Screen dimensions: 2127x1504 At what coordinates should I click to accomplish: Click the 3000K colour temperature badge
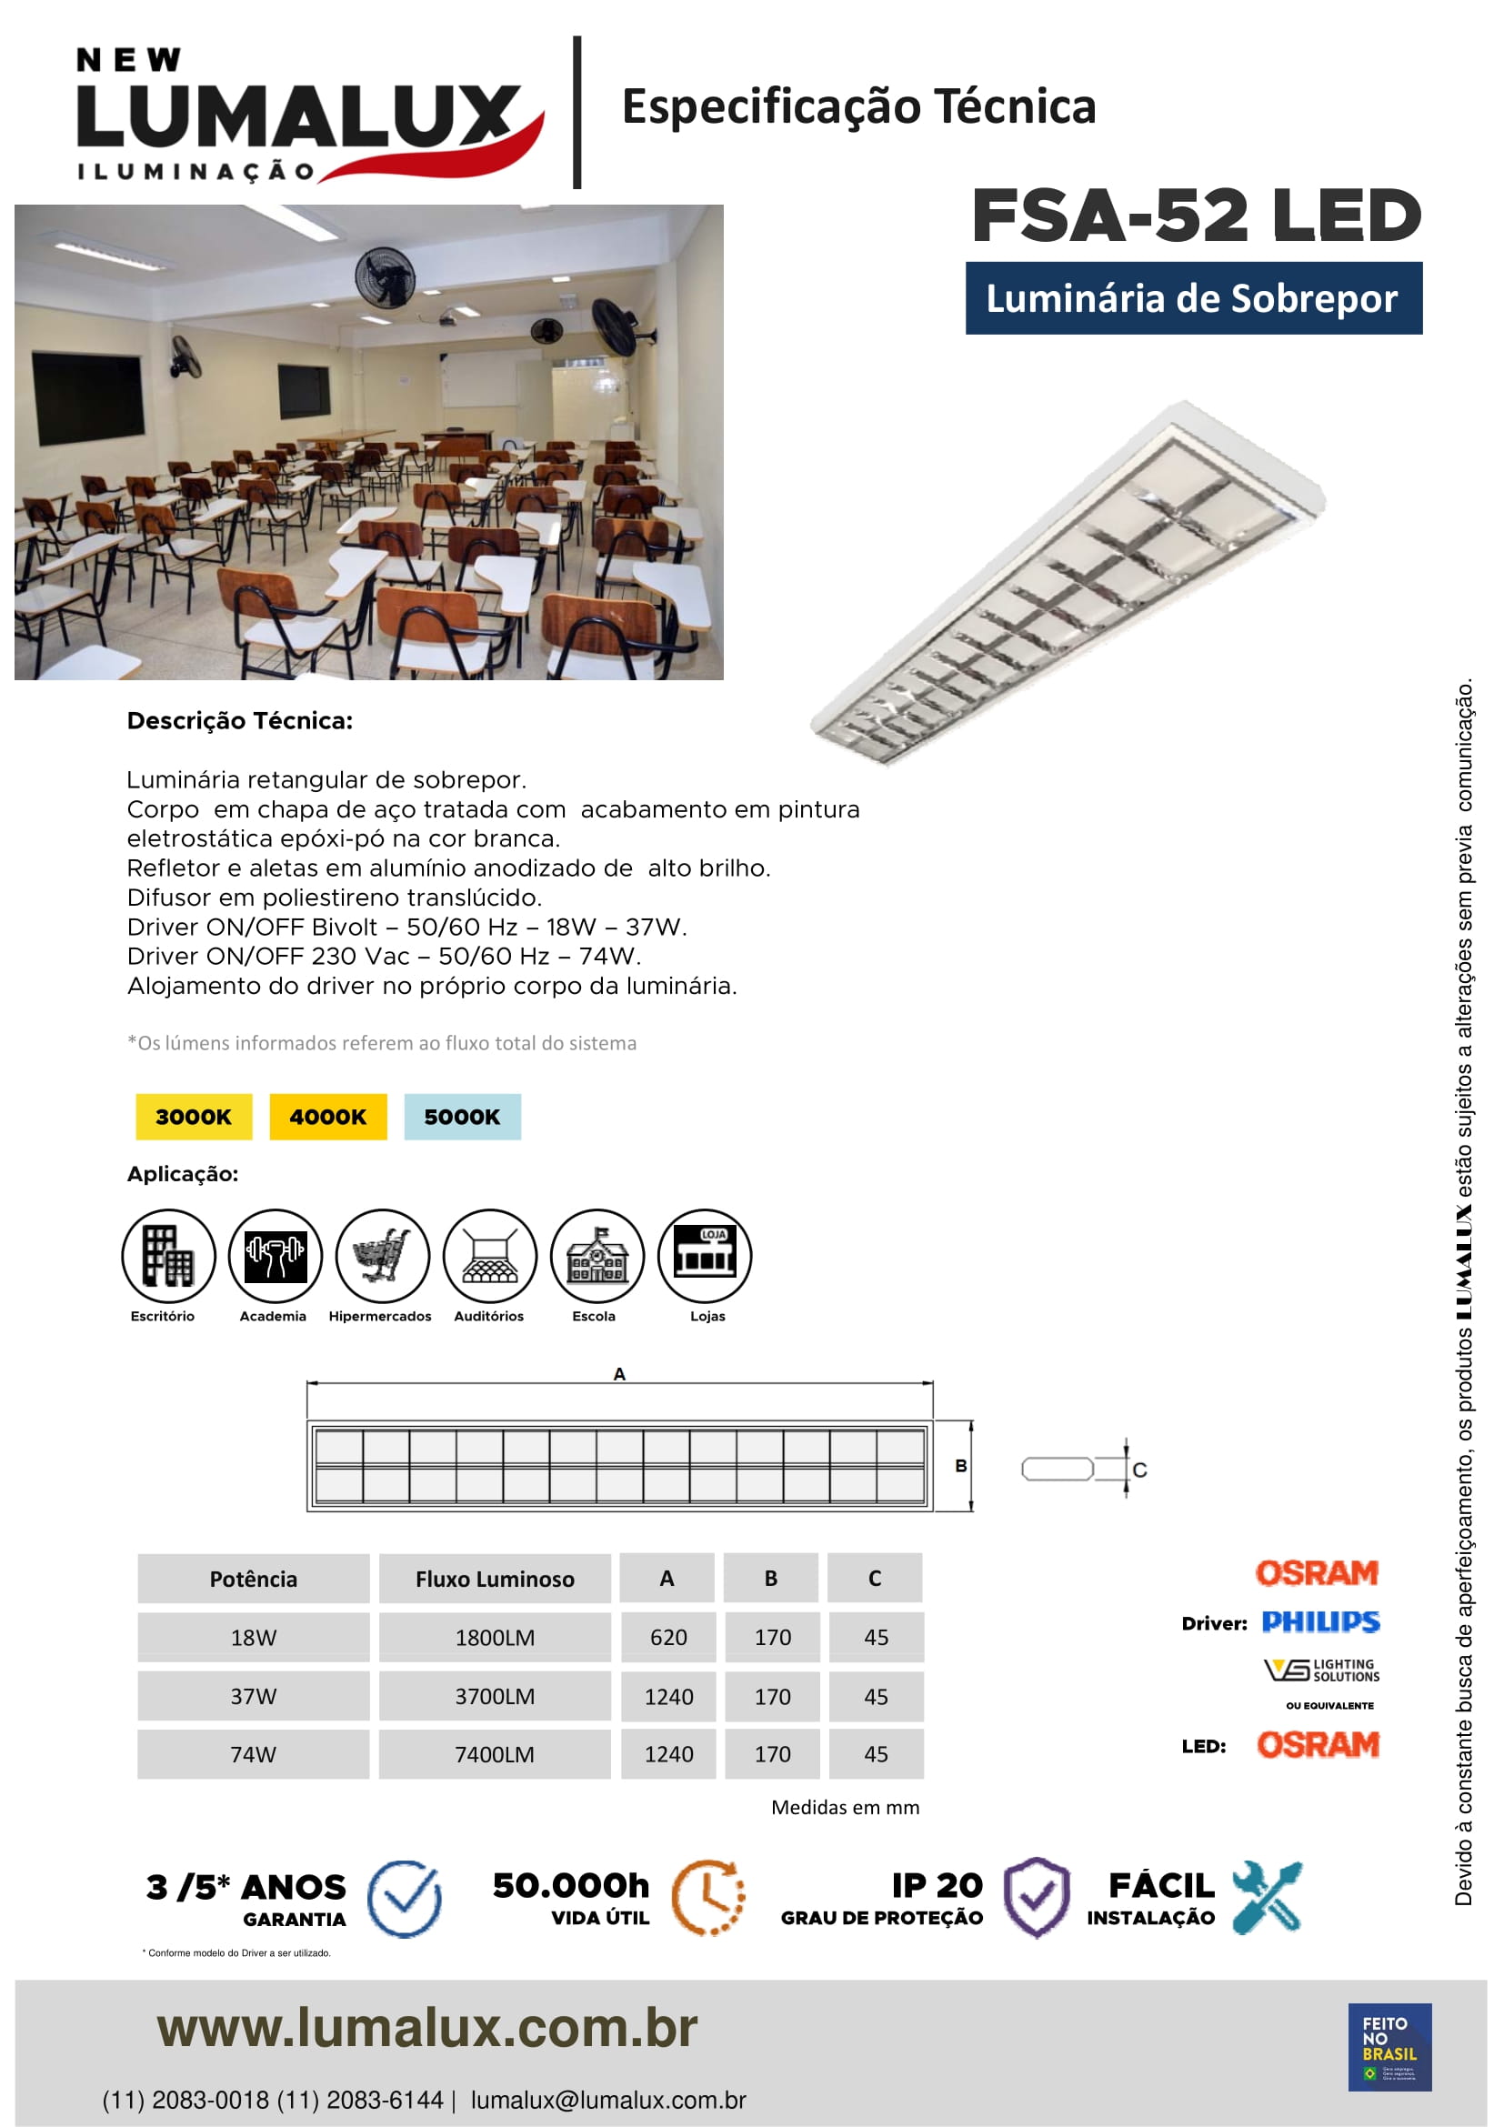(x=194, y=1117)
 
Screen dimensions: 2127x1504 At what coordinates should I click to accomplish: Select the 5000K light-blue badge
(x=462, y=1117)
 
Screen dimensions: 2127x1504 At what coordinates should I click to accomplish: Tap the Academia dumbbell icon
(x=275, y=1256)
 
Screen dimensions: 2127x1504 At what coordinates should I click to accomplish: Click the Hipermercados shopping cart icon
(x=383, y=1256)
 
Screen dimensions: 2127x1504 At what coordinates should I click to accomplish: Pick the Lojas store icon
(x=705, y=1256)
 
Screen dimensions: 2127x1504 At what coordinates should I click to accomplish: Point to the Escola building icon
(x=597, y=1256)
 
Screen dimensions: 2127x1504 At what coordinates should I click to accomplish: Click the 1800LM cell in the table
(x=495, y=1637)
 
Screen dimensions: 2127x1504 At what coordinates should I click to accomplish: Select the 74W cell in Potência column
(x=253, y=1753)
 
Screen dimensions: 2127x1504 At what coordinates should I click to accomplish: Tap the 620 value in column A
(x=667, y=1637)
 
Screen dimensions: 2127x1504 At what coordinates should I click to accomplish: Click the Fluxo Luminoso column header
(x=495, y=1579)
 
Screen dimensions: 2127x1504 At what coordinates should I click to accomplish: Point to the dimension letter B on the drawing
(x=960, y=1466)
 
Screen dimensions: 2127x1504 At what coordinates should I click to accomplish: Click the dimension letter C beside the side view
(x=1140, y=1470)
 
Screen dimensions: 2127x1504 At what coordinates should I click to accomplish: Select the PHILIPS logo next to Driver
(x=1320, y=1621)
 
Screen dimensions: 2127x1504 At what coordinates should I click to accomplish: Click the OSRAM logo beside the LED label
(x=1318, y=1744)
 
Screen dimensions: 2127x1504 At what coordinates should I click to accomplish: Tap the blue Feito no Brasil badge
(x=1389, y=2046)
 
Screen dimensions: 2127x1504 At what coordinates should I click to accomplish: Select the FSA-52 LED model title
(x=1196, y=216)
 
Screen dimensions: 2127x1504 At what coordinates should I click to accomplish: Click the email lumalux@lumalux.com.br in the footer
(x=607, y=2099)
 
